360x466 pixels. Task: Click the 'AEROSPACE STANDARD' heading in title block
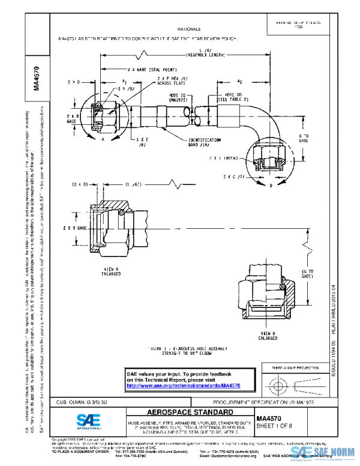click(182, 413)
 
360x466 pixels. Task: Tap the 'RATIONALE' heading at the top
click(190, 28)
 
